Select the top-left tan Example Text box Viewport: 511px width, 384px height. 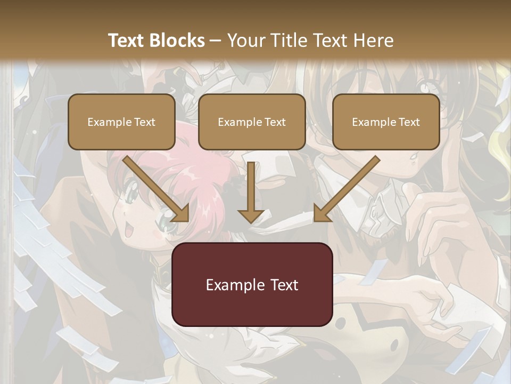(x=121, y=122)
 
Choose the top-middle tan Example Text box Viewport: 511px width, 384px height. (x=252, y=122)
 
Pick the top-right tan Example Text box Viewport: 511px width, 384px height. (x=386, y=122)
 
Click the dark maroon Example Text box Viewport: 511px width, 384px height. (x=252, y=284)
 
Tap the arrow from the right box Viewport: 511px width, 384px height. (x=347, y=189)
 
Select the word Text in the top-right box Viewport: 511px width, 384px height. (x=409, y=122)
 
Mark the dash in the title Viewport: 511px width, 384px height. (x=216, y=41)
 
